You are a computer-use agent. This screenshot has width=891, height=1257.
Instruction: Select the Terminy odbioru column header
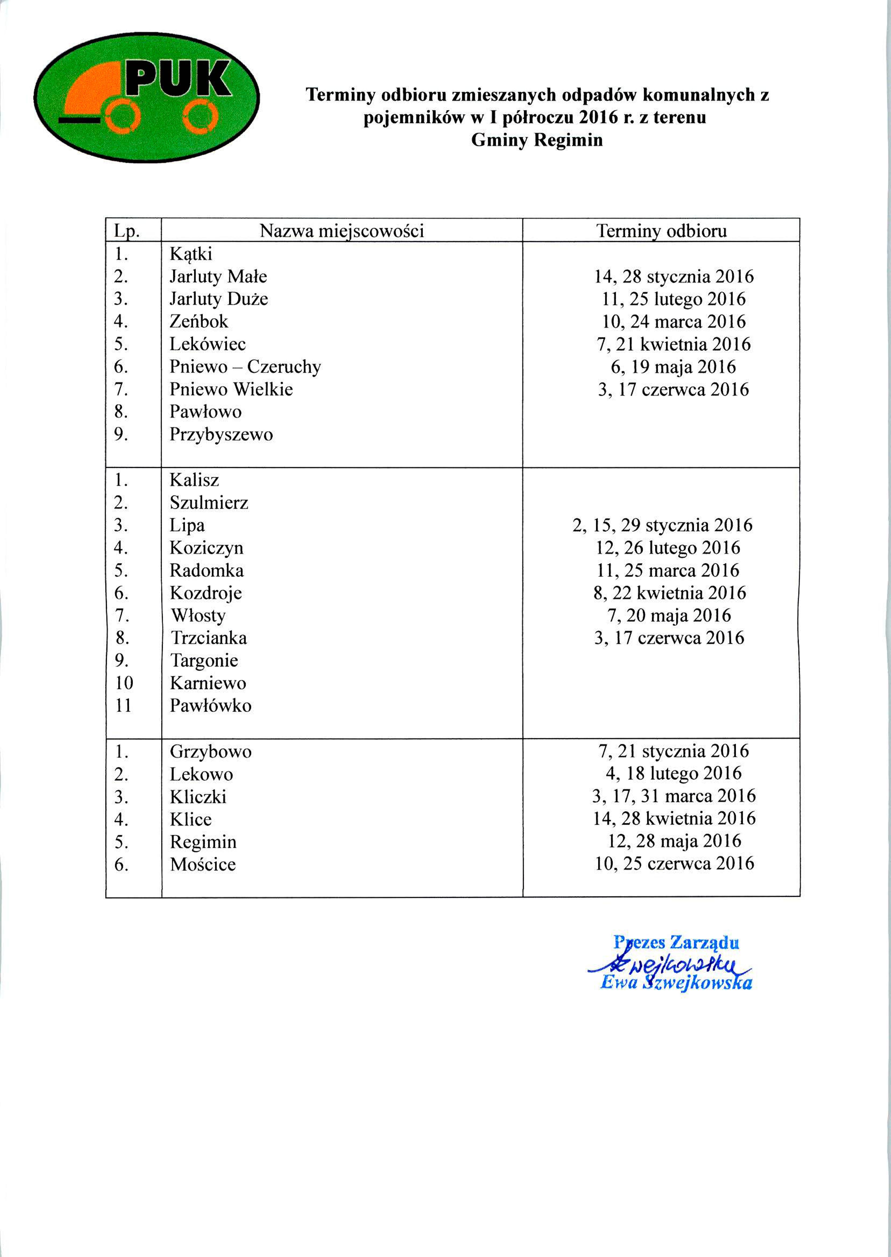(x=661, y=231)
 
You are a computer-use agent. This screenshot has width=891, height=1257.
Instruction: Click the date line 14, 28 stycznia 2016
(x=674, y=277)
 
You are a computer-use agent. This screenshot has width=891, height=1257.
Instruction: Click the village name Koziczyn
(x=206, y=548)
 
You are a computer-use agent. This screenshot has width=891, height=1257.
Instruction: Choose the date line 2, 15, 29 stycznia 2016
(x=662, y=525)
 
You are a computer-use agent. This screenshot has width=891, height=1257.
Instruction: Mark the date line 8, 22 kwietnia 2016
(x=669, y=592)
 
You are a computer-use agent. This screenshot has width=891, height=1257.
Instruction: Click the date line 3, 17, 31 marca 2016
(x=674, y=796)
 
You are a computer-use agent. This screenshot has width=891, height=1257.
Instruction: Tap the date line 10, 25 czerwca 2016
(x=674, y=864)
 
